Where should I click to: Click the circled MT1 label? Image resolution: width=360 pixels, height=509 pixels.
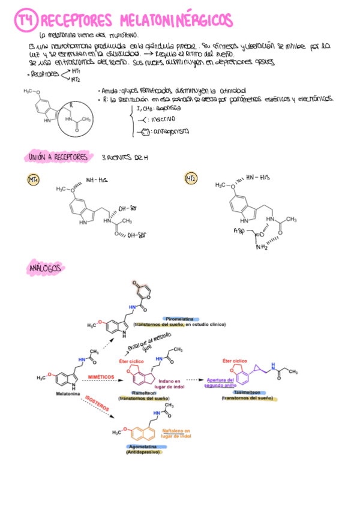[33, 179]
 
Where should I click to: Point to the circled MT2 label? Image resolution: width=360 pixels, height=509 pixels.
[191, 178]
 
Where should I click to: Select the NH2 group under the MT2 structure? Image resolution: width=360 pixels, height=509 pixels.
[262, 246]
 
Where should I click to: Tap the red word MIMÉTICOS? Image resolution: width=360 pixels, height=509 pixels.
[101, 376]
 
